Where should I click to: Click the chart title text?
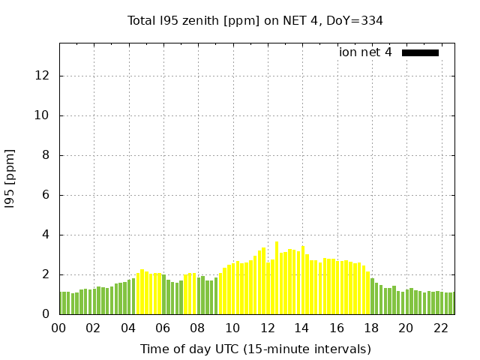coord(255,20)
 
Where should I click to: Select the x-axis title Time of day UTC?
coord(255,349)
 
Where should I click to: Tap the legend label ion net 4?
coord(365,52)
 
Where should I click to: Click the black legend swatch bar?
coord(420,52)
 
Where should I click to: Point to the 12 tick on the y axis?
coord(43,76)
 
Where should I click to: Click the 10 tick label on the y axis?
coord(43,115)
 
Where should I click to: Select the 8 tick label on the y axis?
coord(46,155)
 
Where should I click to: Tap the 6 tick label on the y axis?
coord(46,195)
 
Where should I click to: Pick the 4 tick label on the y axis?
coord(46,235)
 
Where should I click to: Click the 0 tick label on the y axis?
coord(46,314)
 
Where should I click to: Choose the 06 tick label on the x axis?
coord(163,328)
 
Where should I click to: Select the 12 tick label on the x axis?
coord(267,328)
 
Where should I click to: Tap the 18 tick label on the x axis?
coord(371,328)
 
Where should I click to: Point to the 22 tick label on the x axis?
coord(441,328)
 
